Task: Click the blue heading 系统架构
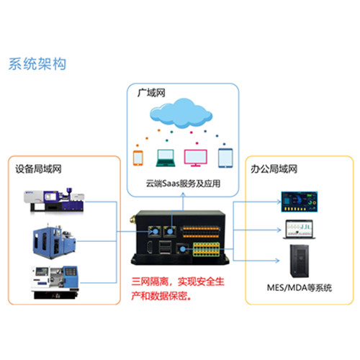(x=37, y=64)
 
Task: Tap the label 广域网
(x=151, y=93)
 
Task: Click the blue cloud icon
(x=181, y=113)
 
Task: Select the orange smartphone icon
(x=138, y=158)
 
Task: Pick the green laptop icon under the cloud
(x=166, y=158)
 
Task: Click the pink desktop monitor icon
(x=196, y=158)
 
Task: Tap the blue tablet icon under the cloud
(x=225, y=158)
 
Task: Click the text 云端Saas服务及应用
(x=183, y=184)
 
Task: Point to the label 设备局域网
(x=38, y=169)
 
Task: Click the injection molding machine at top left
(x=54, y=200)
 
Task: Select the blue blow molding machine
(x=54, y=242)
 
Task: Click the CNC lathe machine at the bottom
(x=55, y=282)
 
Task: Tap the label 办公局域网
(x=274, y=169)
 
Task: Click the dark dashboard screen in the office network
(x=300, y=202)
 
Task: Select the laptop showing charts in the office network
(x=300, y=230)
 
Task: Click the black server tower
(x=300, y=261)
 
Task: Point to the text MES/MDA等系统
(x=300, y=287)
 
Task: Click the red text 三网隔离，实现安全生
(x=178, y=282)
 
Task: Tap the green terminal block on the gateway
(x=207, y=249)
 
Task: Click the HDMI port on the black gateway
(x=150, y=247)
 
